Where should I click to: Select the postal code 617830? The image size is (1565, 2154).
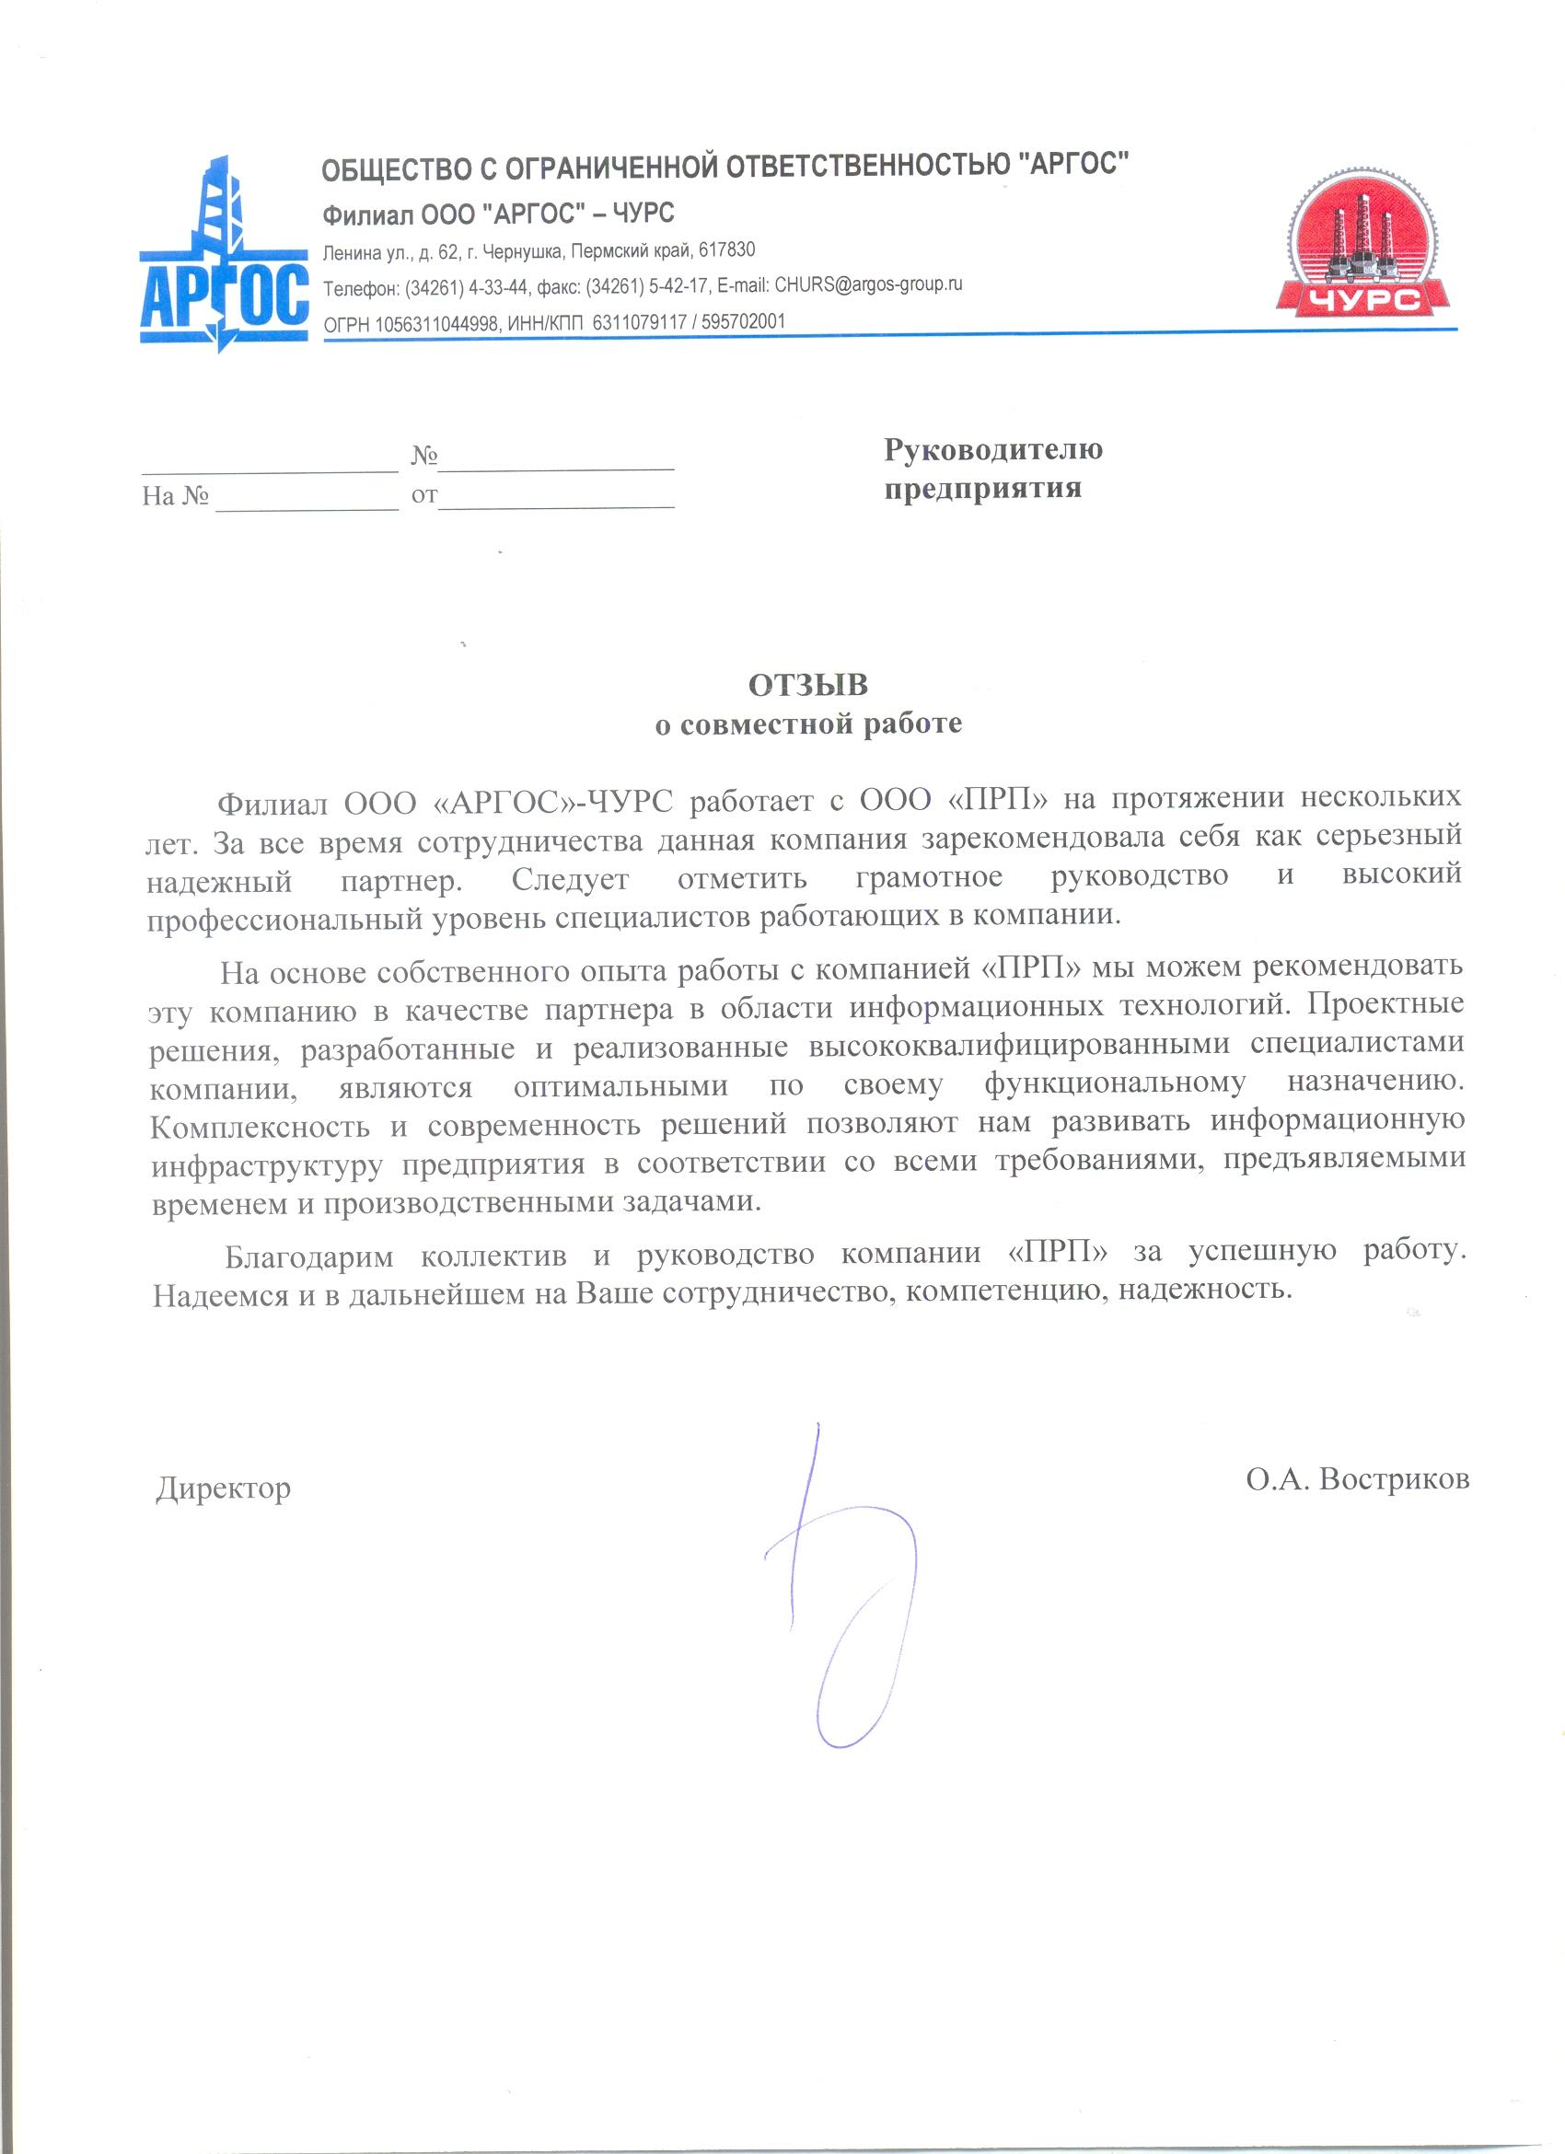(x=726, y=250)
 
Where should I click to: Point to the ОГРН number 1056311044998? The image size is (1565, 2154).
(x=438, y=323)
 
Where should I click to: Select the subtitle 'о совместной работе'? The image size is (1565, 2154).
(x=809, y=724)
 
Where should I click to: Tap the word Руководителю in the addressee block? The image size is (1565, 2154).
(x=993, y=449)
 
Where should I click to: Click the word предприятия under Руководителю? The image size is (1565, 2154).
(x=983, y=488)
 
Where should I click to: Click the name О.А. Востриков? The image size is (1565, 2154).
(x=1358, y=1478)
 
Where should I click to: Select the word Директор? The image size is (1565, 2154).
(x=223, y=1488)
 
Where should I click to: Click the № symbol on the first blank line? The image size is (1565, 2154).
(x=423, y=457)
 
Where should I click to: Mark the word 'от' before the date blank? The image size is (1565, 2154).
(x=423, y=496)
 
